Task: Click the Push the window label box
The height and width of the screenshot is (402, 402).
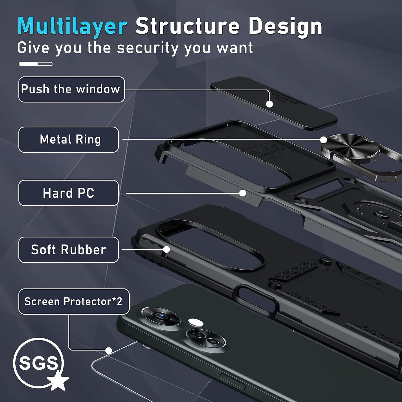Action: [x=71, y=89]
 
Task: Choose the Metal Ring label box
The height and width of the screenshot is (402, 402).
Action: [x=69, y=140]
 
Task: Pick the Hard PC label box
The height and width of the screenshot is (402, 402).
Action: [x=69, y=193]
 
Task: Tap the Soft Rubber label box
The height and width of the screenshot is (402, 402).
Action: [x=69, y=250]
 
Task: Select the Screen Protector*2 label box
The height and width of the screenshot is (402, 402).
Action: [x=74, y=302]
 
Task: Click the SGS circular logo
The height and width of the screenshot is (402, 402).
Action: [x=39, y=363]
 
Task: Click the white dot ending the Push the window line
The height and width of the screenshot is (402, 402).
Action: [x=269, y=104]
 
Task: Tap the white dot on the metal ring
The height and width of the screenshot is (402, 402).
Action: [x=323, y=140]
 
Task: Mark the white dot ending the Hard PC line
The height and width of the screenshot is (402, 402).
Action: [x=242, y=193]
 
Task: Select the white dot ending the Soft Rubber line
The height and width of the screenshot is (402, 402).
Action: [x=166, y=249]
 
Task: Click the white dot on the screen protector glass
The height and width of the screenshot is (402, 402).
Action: [x=108, y=351]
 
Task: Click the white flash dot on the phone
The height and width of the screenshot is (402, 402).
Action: [x=196, y=322]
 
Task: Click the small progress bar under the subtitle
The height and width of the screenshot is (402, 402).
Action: [x=36, y=64]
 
